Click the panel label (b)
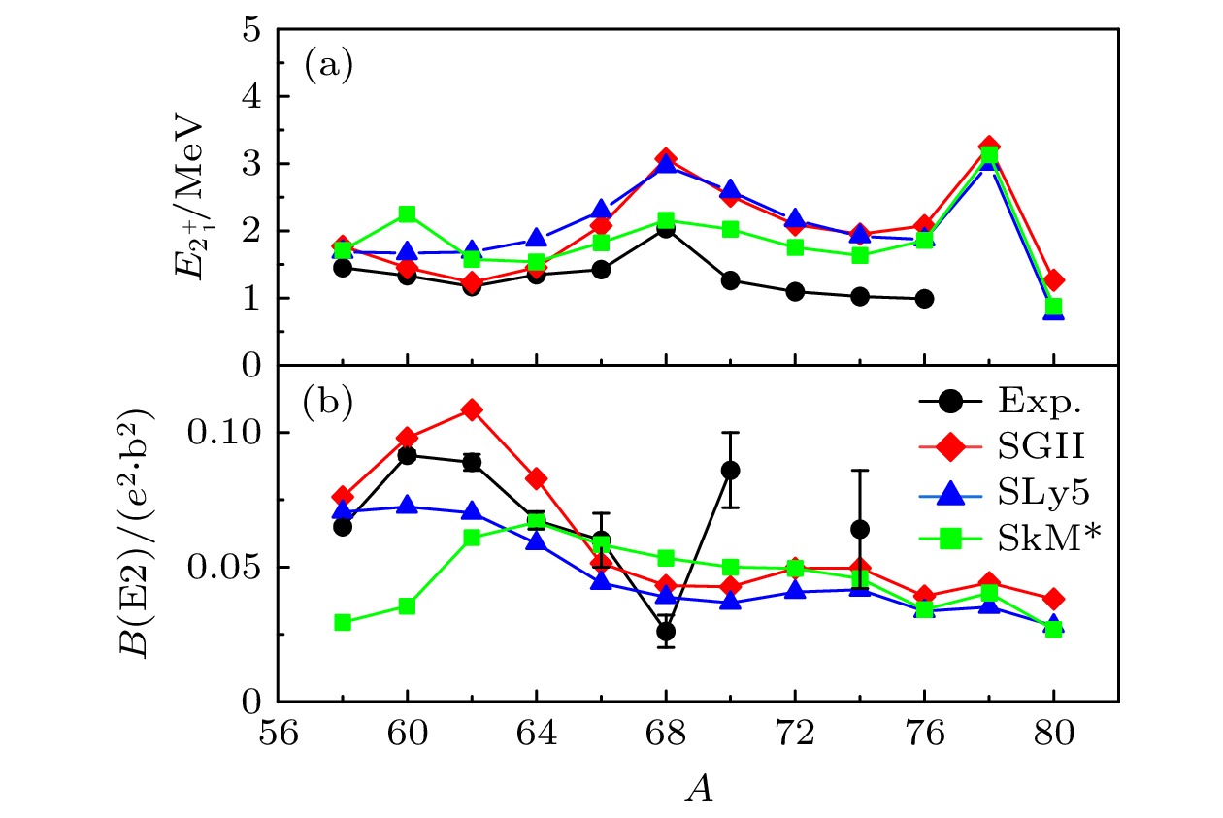(x=328, y=400)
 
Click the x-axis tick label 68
(x=666, y=734)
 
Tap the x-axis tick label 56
(x=280, y=734)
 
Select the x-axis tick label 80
(x=1052, y=734)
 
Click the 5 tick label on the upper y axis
(x=253, y=31)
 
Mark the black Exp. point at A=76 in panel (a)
(x=924, y=299)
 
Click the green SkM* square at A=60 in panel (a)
(x=408, y=214)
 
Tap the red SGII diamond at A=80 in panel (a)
(x=1053, y=280)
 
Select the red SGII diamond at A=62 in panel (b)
(x=472, y=409)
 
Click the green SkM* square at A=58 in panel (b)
(x=343, y=622)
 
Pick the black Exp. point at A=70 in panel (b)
(x=731, y=471)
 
